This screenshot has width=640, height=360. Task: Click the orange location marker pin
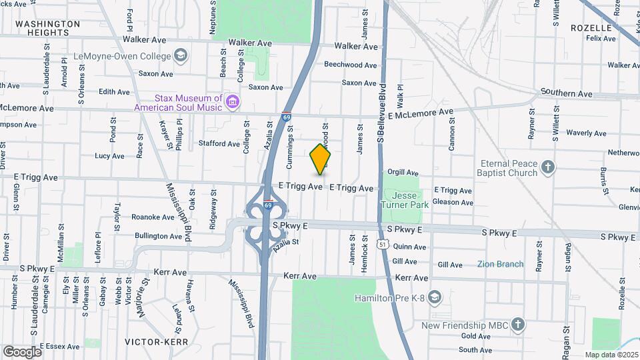click(321, 159)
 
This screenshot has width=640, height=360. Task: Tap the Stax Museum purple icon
click(233, 102)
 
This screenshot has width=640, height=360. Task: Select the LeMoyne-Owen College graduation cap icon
click(180, 55)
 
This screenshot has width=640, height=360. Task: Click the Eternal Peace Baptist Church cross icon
click(547, 167)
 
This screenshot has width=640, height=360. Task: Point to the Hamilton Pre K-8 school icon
click(435, 297)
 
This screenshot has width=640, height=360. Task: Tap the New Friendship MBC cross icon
click(518, 325)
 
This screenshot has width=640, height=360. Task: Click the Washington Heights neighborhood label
click(47, 28)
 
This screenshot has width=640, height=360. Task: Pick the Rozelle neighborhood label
click(591, 28)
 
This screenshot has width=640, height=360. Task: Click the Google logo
click(22, 351)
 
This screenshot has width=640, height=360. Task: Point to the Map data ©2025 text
click(611, 355)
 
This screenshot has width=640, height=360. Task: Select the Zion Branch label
click(500, 264)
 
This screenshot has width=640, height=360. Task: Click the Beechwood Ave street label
click(350, 65)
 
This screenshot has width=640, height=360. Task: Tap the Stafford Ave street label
click(219, 143)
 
